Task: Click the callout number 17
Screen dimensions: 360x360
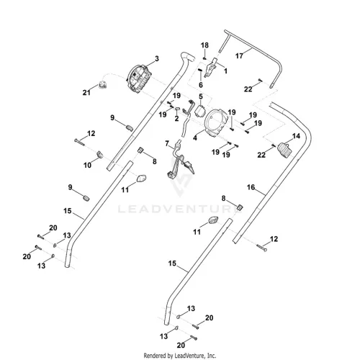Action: point(239,56)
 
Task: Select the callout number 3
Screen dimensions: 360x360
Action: point(157,58)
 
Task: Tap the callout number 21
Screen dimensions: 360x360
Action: point(86,92)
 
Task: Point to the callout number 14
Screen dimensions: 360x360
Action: point(296,136)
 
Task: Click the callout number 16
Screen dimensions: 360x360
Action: point(251,187)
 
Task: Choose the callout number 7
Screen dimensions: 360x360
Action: point(167,143)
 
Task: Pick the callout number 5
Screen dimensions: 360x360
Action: point(201,96)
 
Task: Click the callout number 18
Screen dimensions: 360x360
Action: point(204,45)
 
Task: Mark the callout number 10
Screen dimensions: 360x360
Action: point(87,165)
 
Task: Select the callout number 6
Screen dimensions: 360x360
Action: point(201,85)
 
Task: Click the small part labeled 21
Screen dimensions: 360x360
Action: point(103,85)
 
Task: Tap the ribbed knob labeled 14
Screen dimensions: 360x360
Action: point(285,150)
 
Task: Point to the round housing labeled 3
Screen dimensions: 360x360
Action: point(139,78)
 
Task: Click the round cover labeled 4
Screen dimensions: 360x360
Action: point(215,123)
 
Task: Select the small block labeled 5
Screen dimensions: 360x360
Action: point(200,112)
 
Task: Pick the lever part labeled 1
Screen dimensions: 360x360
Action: point(210,68)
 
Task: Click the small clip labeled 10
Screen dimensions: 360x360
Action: point(99,155)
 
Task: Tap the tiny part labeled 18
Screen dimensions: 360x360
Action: point(204,58)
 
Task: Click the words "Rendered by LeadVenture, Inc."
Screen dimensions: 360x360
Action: point(180,355)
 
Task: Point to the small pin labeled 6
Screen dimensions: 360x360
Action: point(199,71)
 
